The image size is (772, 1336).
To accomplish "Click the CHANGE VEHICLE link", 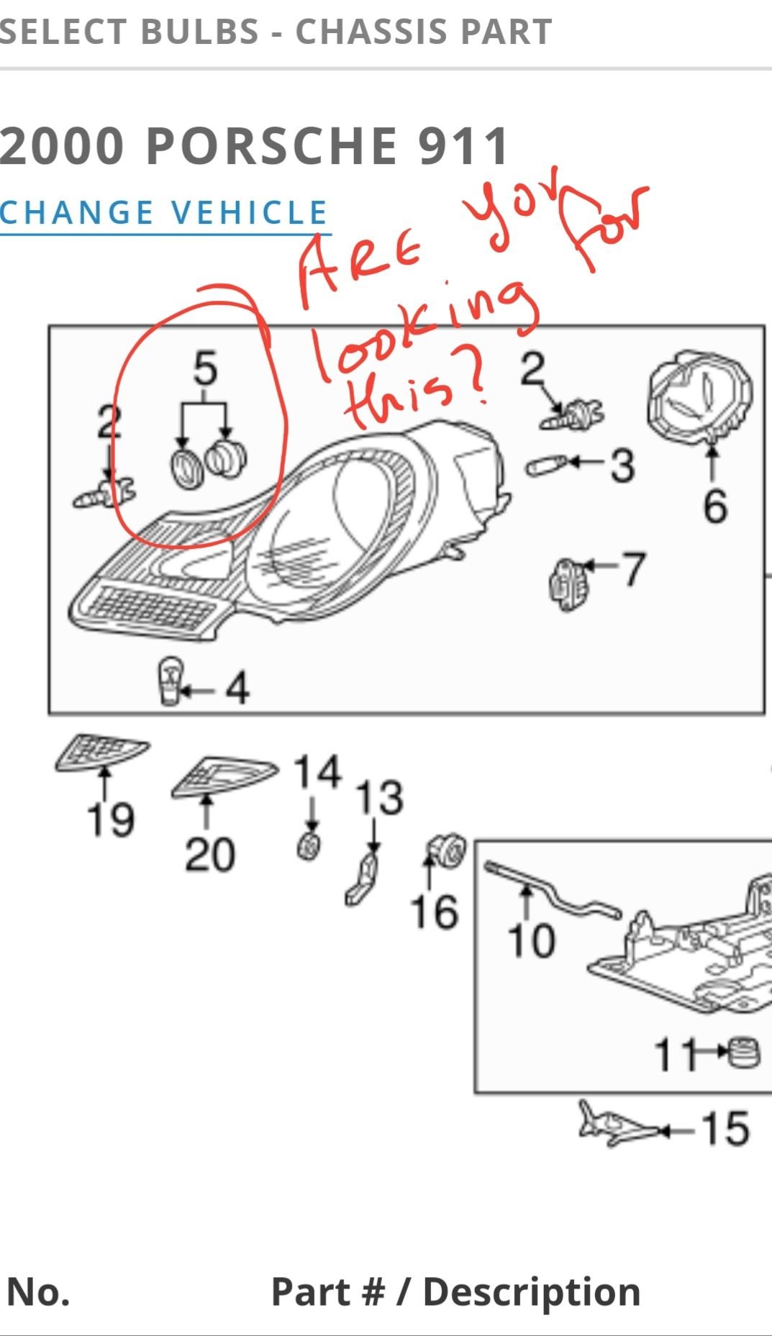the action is click(163, 213).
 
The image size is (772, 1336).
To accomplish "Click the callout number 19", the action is click(110, 819).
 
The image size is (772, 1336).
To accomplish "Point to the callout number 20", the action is click(209, 855).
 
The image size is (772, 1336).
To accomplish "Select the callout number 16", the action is click(434, 912).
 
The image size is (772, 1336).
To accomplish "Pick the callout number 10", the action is click(531, 940).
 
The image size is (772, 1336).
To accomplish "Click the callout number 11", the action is click(676, 1055).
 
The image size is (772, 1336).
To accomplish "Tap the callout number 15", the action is click(725, 1128).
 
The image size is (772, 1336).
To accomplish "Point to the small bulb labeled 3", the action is click(546, 467).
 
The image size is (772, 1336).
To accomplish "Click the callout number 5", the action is click(205, 368).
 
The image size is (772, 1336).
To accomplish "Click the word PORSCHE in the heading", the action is click(272, 146).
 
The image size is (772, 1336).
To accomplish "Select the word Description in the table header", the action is click(532, 1291).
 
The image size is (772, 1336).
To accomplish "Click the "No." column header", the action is click(38, 1291).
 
